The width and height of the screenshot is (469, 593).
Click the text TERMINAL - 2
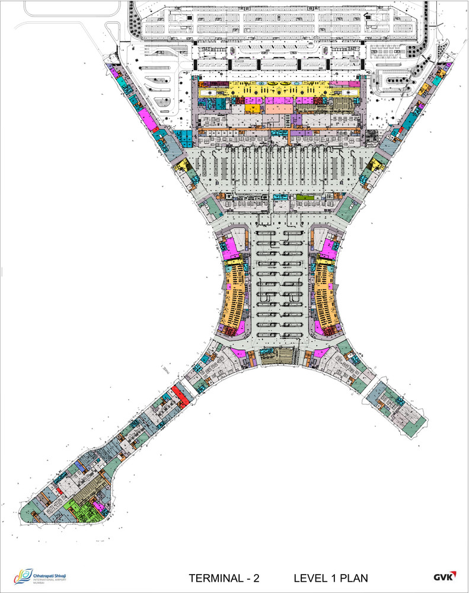pos(224,578)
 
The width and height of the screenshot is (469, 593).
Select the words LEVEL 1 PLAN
pos(331,578)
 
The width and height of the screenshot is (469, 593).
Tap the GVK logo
pos(443,577)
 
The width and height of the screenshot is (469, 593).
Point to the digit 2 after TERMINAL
pos(256,578)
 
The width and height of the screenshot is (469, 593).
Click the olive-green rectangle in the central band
pos(302,197)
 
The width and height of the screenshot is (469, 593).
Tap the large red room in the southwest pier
pos(179,394)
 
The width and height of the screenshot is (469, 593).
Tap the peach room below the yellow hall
pos(278,109)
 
